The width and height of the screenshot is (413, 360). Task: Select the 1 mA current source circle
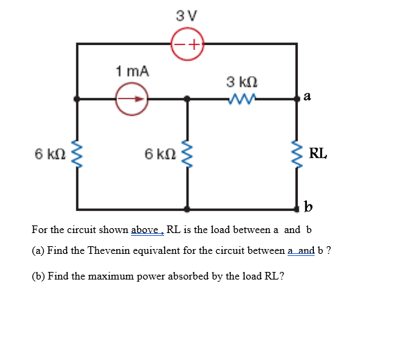pos(132,98)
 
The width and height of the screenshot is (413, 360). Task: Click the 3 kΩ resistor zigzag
pos(240,98)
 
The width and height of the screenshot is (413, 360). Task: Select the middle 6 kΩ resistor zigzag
pos(186,154)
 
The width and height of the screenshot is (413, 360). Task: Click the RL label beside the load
pos(319,153)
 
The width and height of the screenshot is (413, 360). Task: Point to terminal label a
pos(307,98)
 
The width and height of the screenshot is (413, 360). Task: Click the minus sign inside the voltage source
pos(179,44)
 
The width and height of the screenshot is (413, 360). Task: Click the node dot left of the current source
pos(78,98)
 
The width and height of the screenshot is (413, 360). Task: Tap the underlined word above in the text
pos(146,230)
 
